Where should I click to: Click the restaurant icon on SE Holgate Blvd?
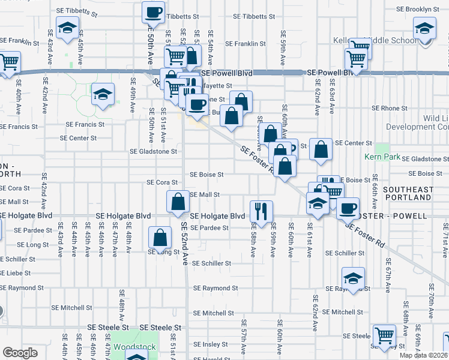pyautogui.click(x=261, y=210)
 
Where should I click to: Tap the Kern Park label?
pyautogui.click(x=378, y=157)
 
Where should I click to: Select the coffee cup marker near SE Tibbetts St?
pyautogui.click(x=153, y=12)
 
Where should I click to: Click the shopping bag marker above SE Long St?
pyautogui.click(x=161, y=238)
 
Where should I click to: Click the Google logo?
pyautogui.click(x=20, y=353)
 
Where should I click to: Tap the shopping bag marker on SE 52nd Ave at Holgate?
pyautogui.click(x=178, y=202)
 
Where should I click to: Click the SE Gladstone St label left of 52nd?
pyautogui.click(x=154, y=152)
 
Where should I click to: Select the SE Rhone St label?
pyautogui.click(x=390, y=109)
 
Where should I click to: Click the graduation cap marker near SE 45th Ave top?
pyautogui.click(x=67, y=28)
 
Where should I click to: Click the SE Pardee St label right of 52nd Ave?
pyautogui.click(x=209, y=228)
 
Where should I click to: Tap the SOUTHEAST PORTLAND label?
pyautogui.click(x=409, y=193)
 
